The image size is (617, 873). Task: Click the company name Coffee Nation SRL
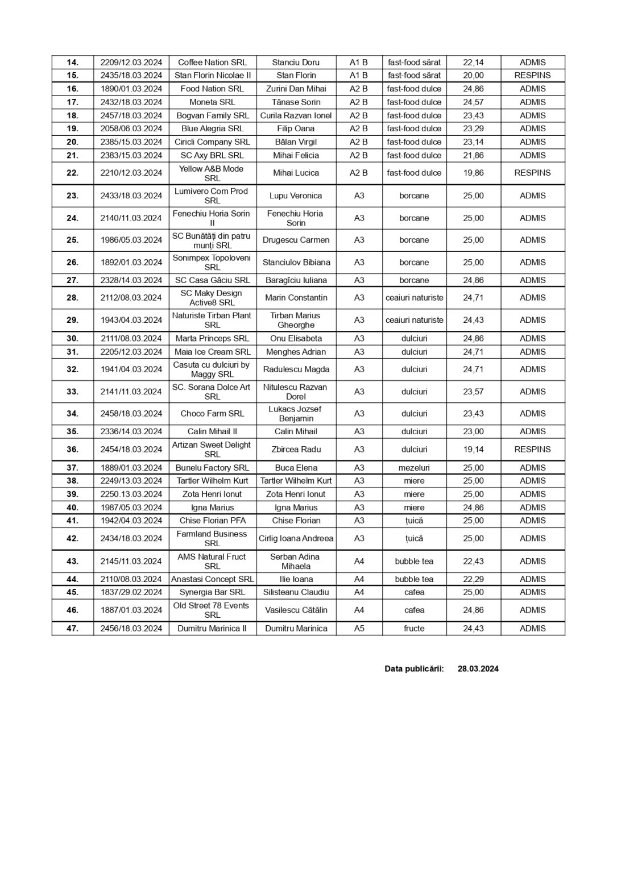tap(212, 63)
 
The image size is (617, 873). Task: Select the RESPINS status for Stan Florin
tap(532, 75)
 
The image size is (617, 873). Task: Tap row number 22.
tap(72, 173)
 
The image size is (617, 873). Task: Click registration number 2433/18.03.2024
tap(131, 196)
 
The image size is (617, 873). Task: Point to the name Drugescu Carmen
tap(296, 240)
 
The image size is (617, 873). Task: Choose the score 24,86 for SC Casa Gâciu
tap(473, 280)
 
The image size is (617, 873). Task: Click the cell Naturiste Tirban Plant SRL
tap(212, 320)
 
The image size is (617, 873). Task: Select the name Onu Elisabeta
tap(296, 338)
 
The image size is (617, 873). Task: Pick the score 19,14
tap(473, 449)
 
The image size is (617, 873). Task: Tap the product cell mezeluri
tap(414, 468)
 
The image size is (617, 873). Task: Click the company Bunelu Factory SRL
tap(212, 468)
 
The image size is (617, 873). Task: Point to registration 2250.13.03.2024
tap(131, 494)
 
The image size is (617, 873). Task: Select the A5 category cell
tap(359, 628)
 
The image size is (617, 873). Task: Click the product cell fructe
tap(414, 628)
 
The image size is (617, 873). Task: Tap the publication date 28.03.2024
tap(478, 668)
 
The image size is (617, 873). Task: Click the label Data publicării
tap(414, 668)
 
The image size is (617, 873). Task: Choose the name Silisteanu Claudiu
tap(296, 592)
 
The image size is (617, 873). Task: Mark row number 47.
tap(72, 628)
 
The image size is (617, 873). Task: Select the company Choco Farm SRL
tap(212, 413)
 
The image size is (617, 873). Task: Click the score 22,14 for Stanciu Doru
tap(473, 63)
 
